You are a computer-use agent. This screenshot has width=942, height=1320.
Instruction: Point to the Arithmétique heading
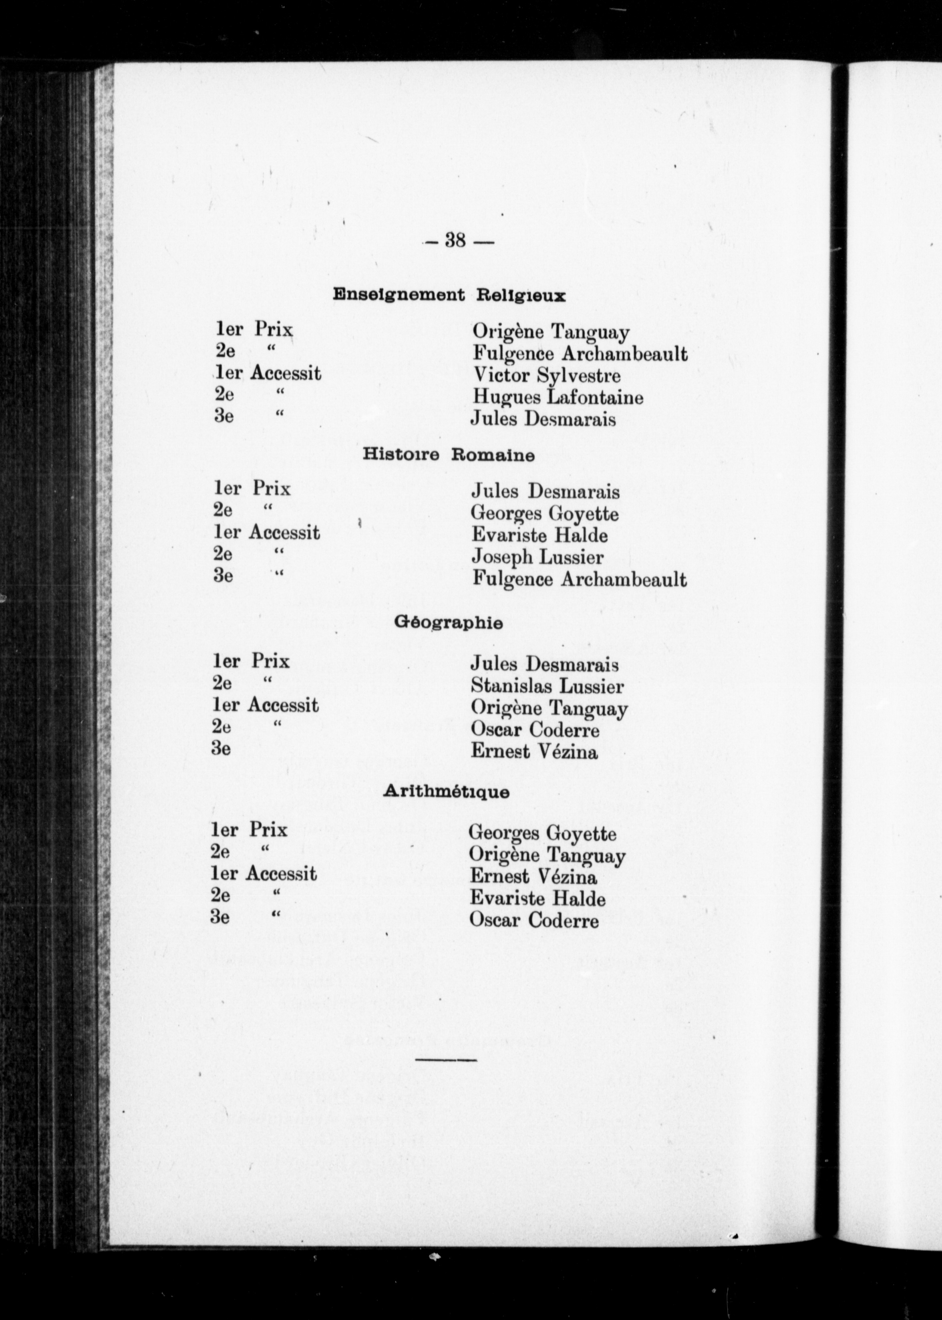(446, 792)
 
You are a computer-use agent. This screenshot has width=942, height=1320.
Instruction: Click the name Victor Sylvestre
(546, 376)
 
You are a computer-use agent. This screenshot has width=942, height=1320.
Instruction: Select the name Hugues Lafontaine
(558, 398)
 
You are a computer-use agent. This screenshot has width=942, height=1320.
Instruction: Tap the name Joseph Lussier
(537, 557)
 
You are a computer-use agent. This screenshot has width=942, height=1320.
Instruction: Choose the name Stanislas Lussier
(547, 687)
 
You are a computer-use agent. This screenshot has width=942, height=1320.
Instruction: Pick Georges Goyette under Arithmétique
(542, 834)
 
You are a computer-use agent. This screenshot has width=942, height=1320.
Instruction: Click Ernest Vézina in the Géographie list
(533, 752)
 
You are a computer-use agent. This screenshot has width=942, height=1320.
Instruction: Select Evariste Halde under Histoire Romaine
(539, 535)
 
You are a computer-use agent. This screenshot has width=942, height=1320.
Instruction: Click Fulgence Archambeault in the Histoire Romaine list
(579, 580)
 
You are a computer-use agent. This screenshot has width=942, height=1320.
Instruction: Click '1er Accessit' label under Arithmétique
(264, 874)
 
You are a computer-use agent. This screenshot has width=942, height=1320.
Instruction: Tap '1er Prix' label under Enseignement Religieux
(254, 330)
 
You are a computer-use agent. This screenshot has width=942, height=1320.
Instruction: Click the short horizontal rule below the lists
(445, 1060)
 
